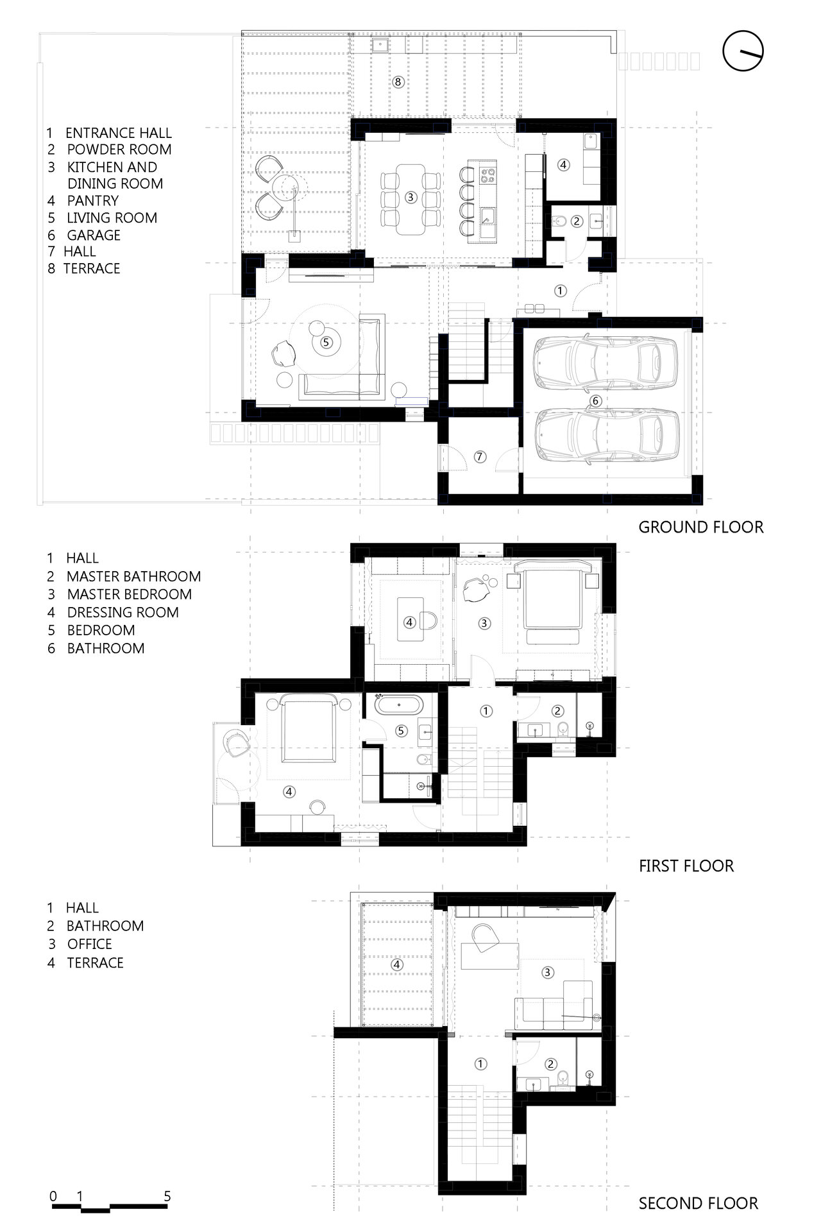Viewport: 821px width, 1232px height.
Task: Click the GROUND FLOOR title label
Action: (701, 527)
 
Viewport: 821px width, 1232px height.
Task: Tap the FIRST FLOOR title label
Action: (686, 866)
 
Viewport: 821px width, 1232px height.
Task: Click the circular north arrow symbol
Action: (744, 51)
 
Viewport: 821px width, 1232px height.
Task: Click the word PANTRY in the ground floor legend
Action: (92, 201)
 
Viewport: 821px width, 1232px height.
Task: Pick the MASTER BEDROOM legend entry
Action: (129, 594)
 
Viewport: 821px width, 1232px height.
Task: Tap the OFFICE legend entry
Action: (89, 944)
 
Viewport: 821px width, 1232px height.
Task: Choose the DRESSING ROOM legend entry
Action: (123, 612)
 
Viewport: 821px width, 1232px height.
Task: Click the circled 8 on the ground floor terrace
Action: (398, 82)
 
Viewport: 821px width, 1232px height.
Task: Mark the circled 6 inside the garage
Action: (595, 401)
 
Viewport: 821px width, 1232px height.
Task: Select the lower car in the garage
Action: (606, 436)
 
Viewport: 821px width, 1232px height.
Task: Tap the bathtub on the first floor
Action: (398, 706)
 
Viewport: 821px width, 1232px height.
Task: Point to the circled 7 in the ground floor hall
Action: (480, 457)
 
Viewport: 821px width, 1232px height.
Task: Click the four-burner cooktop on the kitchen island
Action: (487, 174)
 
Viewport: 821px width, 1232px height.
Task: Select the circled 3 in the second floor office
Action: (547, 973)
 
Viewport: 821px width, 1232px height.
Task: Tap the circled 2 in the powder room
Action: (576, 221)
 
